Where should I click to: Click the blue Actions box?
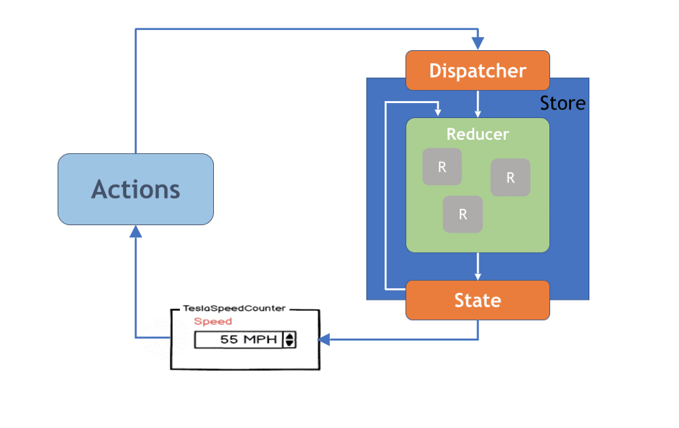[x=136, y=189]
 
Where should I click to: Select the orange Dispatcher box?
[x=477, y=71]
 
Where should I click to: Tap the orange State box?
[x=477, y=300]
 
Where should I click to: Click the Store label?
[x=562, y=104]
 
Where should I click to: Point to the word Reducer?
[x=477, y=134]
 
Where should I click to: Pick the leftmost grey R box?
[x=442, y=167]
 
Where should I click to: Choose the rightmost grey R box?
[x=511, y=178]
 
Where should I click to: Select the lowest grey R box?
[x=463, y=214]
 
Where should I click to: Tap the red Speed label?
[x=213, y=322]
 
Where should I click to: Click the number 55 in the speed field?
[x=229, y=340]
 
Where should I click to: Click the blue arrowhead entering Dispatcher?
[x=478, y=43]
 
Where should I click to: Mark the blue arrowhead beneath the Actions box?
[x=136, y=232]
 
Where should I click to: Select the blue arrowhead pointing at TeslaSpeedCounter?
[x=325, y=339]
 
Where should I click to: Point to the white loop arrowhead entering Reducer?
[x=439, y=111]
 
